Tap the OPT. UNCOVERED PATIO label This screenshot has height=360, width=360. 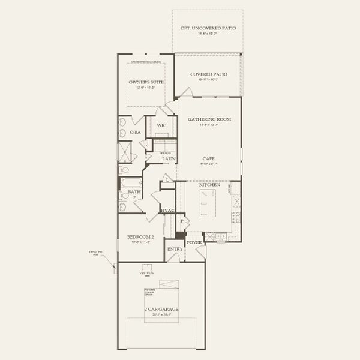tap(208, 28)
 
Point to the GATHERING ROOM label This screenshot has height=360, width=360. tap(209, 119)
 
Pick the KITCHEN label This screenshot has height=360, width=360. tap(210, 185)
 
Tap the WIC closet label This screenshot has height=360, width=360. tap(161, 125)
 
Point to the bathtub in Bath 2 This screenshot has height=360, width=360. tap(130, 182)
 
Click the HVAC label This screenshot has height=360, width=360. tap(167, 211)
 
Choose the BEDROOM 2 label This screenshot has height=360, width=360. tap(142, 238)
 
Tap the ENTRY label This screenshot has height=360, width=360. tap(175, 249)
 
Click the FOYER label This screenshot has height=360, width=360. tap(194, 243)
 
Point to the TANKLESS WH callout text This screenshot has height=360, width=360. tap(96, 254)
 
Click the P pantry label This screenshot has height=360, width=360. tap(182, 221)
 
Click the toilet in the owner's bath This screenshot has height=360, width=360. tap(124, 170)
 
